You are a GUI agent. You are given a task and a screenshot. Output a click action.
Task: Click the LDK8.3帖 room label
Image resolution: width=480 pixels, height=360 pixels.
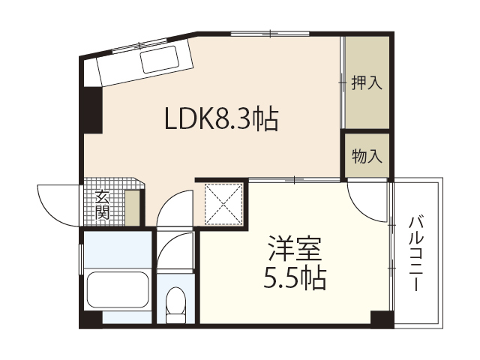point(221,119)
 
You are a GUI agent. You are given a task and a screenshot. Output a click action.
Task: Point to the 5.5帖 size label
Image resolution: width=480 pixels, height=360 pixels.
point(295,278)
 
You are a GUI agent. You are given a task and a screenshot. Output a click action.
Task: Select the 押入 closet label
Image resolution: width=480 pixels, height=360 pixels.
point(367,82)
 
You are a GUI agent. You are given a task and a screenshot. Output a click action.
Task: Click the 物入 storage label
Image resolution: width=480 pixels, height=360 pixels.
point(367,156)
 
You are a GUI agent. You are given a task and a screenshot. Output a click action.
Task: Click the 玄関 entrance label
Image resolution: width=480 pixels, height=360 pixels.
point(102,205)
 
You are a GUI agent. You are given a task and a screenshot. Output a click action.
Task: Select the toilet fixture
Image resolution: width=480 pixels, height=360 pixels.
point(175,304)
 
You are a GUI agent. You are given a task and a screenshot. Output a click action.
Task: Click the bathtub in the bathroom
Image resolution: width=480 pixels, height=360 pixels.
point(118,290)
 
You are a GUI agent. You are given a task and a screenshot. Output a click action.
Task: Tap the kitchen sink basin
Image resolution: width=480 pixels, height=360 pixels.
point(159,59)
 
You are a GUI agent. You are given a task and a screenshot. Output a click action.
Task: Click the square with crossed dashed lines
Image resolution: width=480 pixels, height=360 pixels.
point(223,204)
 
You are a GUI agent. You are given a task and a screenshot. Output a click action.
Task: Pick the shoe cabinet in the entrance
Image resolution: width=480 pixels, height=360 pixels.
point(133,208)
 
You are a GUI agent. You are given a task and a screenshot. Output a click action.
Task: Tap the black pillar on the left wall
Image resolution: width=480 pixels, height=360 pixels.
point(91,110)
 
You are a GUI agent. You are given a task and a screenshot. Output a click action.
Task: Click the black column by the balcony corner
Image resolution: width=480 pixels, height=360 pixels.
point(382,319)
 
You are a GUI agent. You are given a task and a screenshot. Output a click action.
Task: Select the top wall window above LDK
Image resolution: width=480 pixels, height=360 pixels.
point(270,34)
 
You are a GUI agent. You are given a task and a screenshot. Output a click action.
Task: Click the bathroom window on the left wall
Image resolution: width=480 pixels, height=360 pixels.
point(81,259)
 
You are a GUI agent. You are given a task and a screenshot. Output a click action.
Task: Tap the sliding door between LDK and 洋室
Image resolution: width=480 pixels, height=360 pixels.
point(295,180)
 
